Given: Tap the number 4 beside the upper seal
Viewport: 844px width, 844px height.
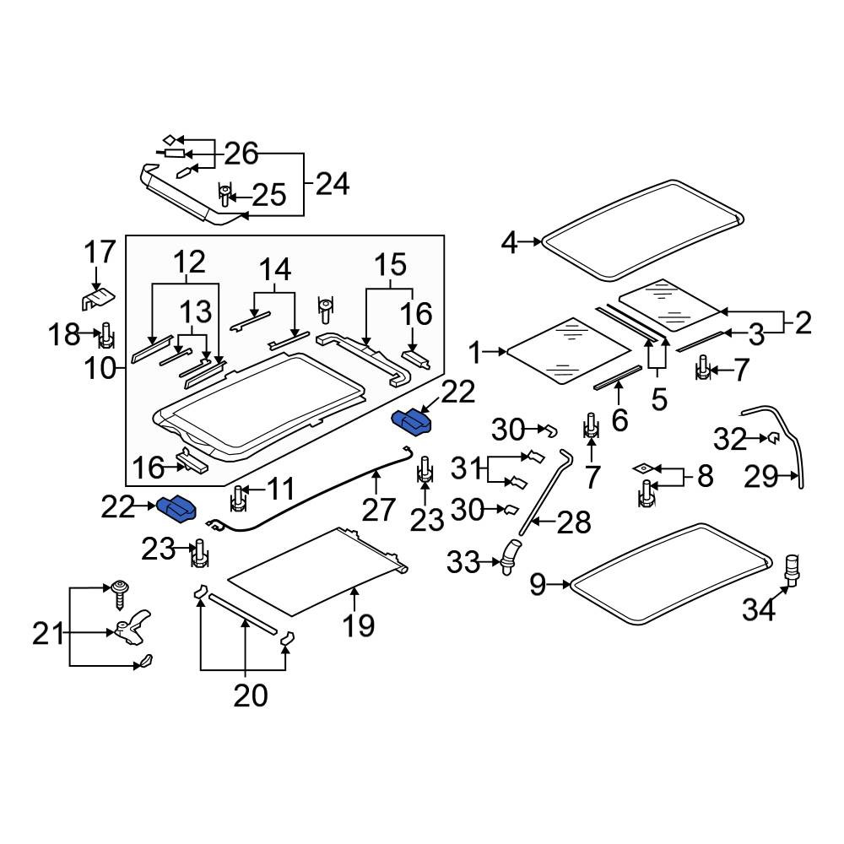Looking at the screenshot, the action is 509,242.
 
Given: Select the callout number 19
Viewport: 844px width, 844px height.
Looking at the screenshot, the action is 358,625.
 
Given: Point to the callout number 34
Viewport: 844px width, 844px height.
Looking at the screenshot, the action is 759,610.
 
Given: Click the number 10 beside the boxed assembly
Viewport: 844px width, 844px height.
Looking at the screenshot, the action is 100,369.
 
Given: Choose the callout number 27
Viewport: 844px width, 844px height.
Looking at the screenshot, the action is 378,510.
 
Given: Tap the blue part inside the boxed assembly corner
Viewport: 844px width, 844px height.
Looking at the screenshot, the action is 412,421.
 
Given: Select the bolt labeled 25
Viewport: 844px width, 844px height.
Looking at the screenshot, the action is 225,195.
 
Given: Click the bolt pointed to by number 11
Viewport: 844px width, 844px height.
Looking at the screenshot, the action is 238,498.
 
